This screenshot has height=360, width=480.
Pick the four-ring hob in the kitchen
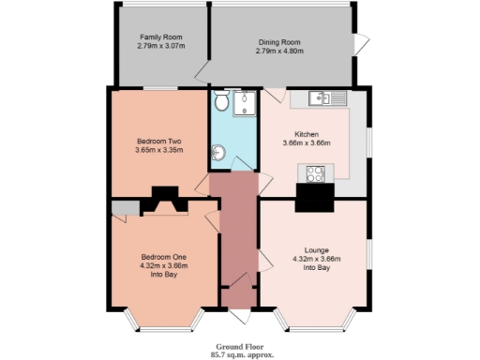313,172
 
